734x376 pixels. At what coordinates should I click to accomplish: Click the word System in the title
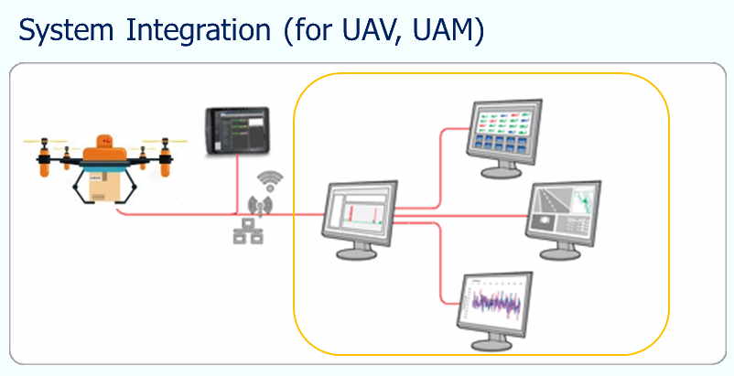(66, 30)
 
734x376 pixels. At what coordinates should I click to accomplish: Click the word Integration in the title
(199, 32)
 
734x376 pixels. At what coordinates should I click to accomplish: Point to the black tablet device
(237, 131)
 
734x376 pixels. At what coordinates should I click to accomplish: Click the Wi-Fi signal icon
(270, 181)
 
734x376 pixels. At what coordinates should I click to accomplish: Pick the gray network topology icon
(248, 231)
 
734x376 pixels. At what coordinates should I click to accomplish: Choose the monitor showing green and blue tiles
(503, 138)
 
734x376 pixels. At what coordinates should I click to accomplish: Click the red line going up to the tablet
(237, 184)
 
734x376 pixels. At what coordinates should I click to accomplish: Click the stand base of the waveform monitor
(491, 345)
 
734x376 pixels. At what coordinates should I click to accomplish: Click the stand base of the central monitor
(357, 253)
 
